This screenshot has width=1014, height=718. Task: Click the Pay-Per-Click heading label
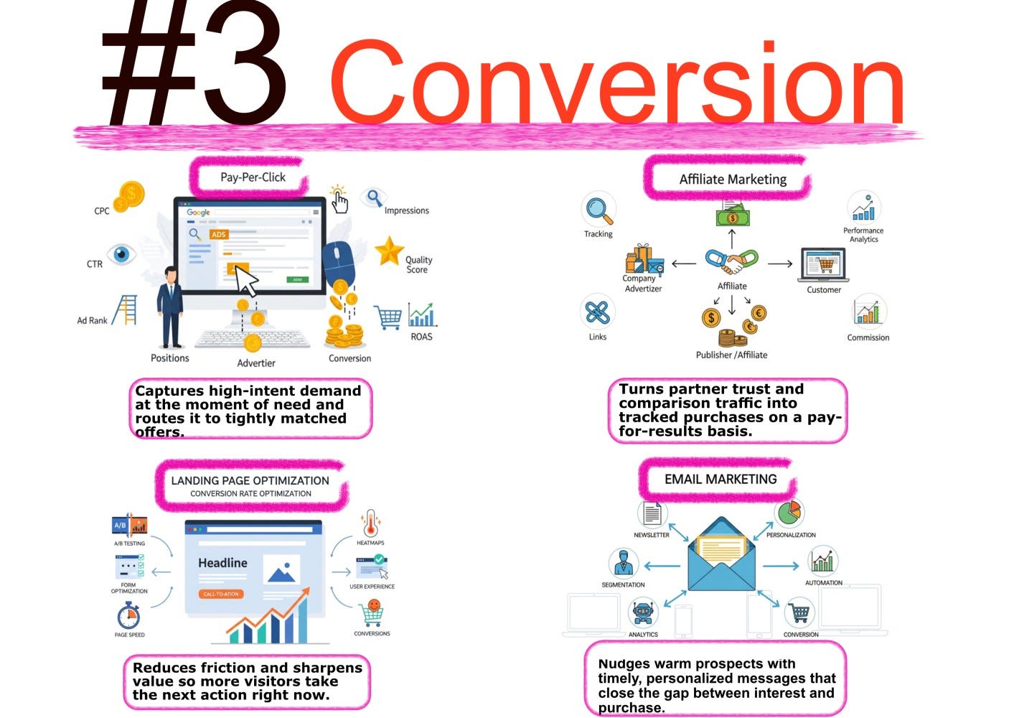click(x=253, y=177)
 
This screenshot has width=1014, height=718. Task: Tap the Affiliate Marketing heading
click(x=733, y=179)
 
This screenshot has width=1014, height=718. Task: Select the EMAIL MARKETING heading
click(x=720, y=479)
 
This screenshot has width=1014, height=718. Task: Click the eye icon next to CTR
click(x=122, y=254)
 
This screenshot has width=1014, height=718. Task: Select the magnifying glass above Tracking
click(x=598, y=210)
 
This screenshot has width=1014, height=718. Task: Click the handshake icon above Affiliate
click(x=731, y=261)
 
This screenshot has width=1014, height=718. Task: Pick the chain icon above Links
click(x=597, y=312)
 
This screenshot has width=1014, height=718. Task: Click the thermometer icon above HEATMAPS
click(x=370, y=523)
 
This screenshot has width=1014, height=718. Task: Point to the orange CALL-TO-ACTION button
click(x=221, y=594)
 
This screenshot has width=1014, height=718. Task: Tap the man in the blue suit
click(x=170, y=307)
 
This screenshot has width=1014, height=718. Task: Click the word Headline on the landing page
click(x=222, y=563)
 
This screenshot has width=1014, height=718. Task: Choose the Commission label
click(x=868, y=337)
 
